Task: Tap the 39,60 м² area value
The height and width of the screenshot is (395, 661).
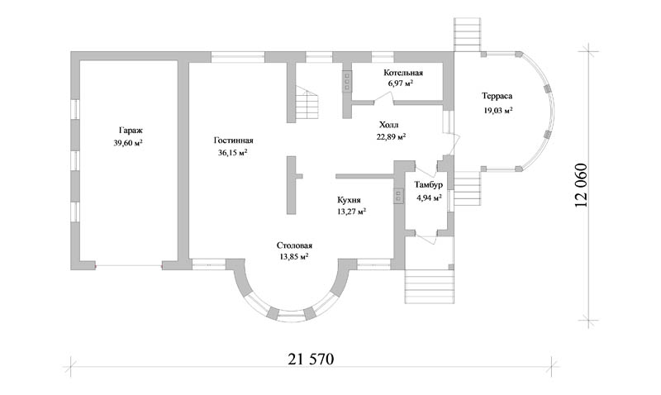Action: [128, 143]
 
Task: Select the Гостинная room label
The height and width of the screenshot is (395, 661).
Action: [233, 140]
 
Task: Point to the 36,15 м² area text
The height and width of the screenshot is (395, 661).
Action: [233, 152]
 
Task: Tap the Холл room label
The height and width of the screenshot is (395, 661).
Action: [388, 126]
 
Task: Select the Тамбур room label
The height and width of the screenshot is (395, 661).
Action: [429, 185]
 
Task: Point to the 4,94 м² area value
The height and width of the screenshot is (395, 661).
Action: [429, 197]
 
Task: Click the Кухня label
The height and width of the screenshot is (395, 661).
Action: [351, 200]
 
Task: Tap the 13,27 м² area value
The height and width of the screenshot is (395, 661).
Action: [351, 211]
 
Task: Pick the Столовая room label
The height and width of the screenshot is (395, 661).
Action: [293, 245]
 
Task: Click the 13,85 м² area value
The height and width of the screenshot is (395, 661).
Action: [293, 257]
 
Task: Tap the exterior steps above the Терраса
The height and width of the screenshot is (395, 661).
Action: [467, 34]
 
